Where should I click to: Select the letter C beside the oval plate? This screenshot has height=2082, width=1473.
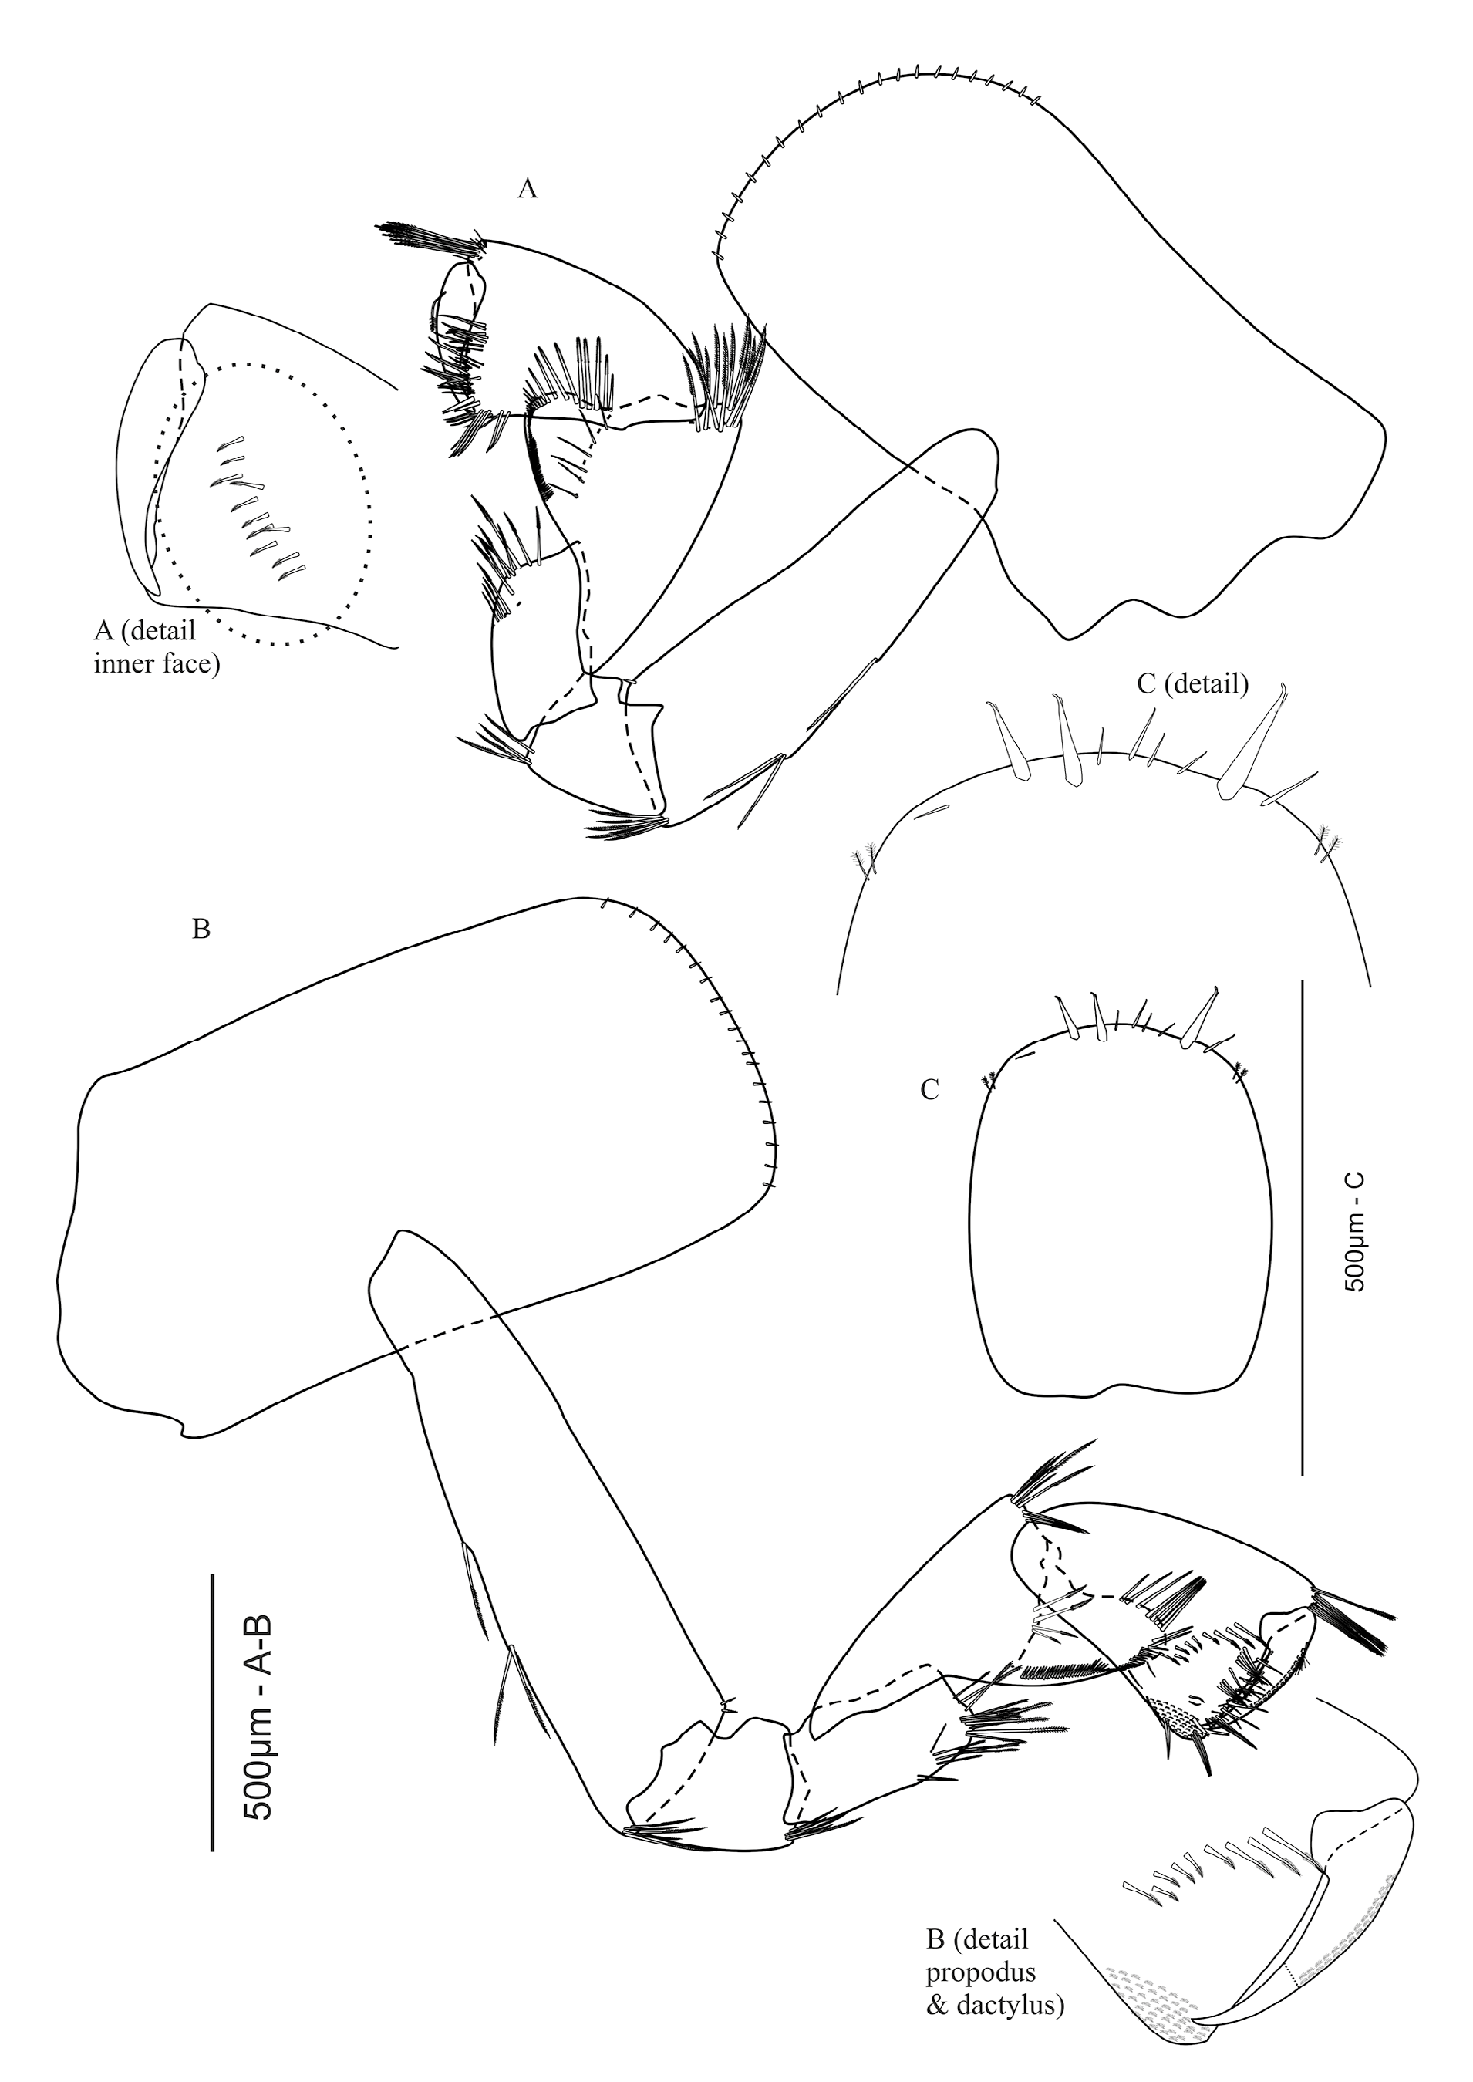930,1091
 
